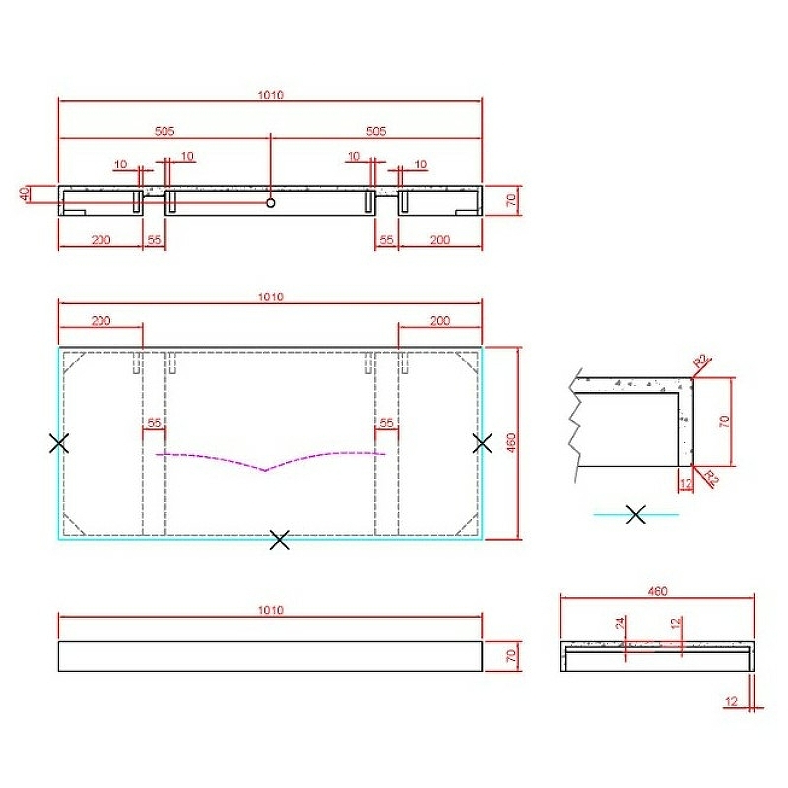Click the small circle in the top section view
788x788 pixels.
tap(270, 203)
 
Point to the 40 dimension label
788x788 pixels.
tap(24, 194)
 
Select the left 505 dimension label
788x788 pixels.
tap(164, 131)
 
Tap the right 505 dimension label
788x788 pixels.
tap(376, 131)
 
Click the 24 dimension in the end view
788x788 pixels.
tap(621, 624)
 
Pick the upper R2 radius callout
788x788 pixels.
tap(701, 361)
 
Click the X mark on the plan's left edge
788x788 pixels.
tap(59, 443)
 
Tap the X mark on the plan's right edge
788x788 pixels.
tap(483, 443)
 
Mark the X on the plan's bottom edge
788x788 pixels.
tap(280, 539)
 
